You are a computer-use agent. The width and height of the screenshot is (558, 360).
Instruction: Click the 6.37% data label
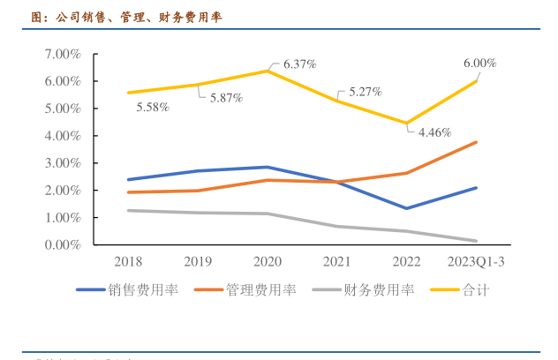coord(300,64)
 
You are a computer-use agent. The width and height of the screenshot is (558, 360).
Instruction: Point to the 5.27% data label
coord(365,91)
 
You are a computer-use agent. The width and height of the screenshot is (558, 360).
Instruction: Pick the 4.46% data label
coord(434,132)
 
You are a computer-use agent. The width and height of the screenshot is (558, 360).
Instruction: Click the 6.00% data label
coord(479,64)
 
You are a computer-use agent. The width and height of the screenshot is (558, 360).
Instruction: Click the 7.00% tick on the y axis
coord(62,54)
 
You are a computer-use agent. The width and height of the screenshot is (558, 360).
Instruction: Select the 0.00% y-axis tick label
coord(62,244)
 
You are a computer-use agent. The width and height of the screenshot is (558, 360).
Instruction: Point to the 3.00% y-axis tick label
coord(62,163)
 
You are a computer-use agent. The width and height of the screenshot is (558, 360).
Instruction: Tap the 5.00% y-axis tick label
coord(62,109)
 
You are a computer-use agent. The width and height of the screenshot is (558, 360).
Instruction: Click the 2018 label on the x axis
coord(129,261)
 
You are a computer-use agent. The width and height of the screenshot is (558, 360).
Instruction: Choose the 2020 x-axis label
coord(268,261)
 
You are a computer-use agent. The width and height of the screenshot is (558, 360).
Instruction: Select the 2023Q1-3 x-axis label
coord(477,261)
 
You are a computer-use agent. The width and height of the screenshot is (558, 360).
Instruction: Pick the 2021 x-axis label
coord(337,261)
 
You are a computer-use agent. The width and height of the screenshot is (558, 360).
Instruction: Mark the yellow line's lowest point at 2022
coord(407,123)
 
